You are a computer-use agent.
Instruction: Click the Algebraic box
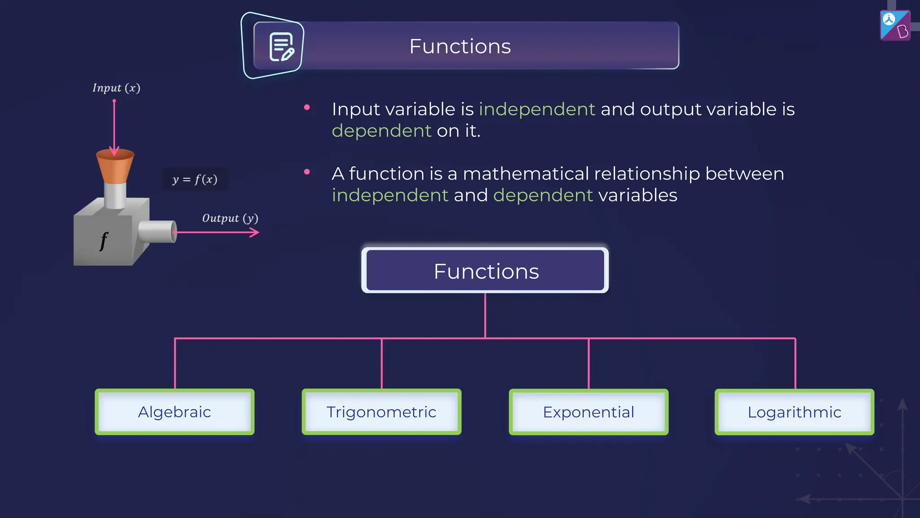(174, 412)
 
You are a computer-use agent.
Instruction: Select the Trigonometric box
(381, 412)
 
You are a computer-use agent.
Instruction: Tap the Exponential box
(588, 412)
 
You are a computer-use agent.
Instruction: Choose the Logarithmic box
(794, 412)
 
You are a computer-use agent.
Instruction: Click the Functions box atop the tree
(485, 271)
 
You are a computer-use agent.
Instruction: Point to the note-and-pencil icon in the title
(281, 47)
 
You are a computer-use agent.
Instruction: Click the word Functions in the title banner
(460, 46)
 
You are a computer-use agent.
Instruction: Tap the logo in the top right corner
(895, 26)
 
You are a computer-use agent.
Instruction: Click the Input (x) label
(116, 88)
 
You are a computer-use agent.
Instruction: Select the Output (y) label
(230, 219)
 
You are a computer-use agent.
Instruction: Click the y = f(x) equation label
(195, 179)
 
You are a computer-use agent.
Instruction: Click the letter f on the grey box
(104, 241)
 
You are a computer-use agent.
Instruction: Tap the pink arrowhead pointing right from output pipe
(255, 232)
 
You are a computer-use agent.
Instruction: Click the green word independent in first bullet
(537, 109)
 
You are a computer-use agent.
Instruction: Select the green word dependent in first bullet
(381, 131)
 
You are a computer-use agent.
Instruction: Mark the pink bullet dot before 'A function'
(307, 172)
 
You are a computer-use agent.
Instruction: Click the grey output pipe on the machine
(157, 232)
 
